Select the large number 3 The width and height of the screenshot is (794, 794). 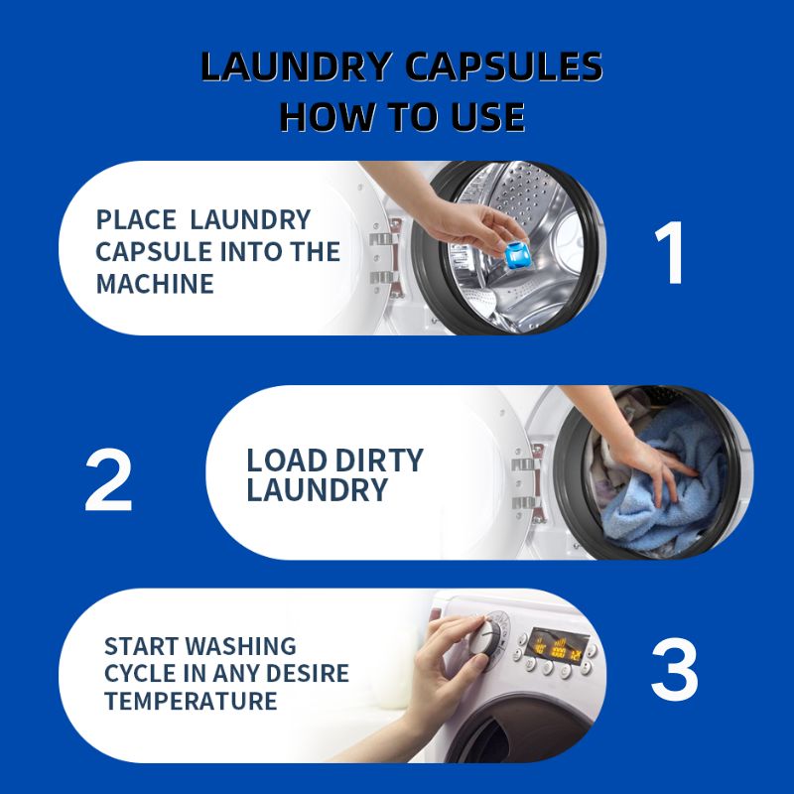[x=674, y=672]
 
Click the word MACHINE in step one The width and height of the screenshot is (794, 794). [x=155, y=283]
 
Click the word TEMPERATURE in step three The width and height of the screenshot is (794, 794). [x=191, y=702]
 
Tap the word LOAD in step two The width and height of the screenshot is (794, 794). [x=286, y=461]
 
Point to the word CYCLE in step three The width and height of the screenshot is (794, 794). [x=141, y=674]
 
